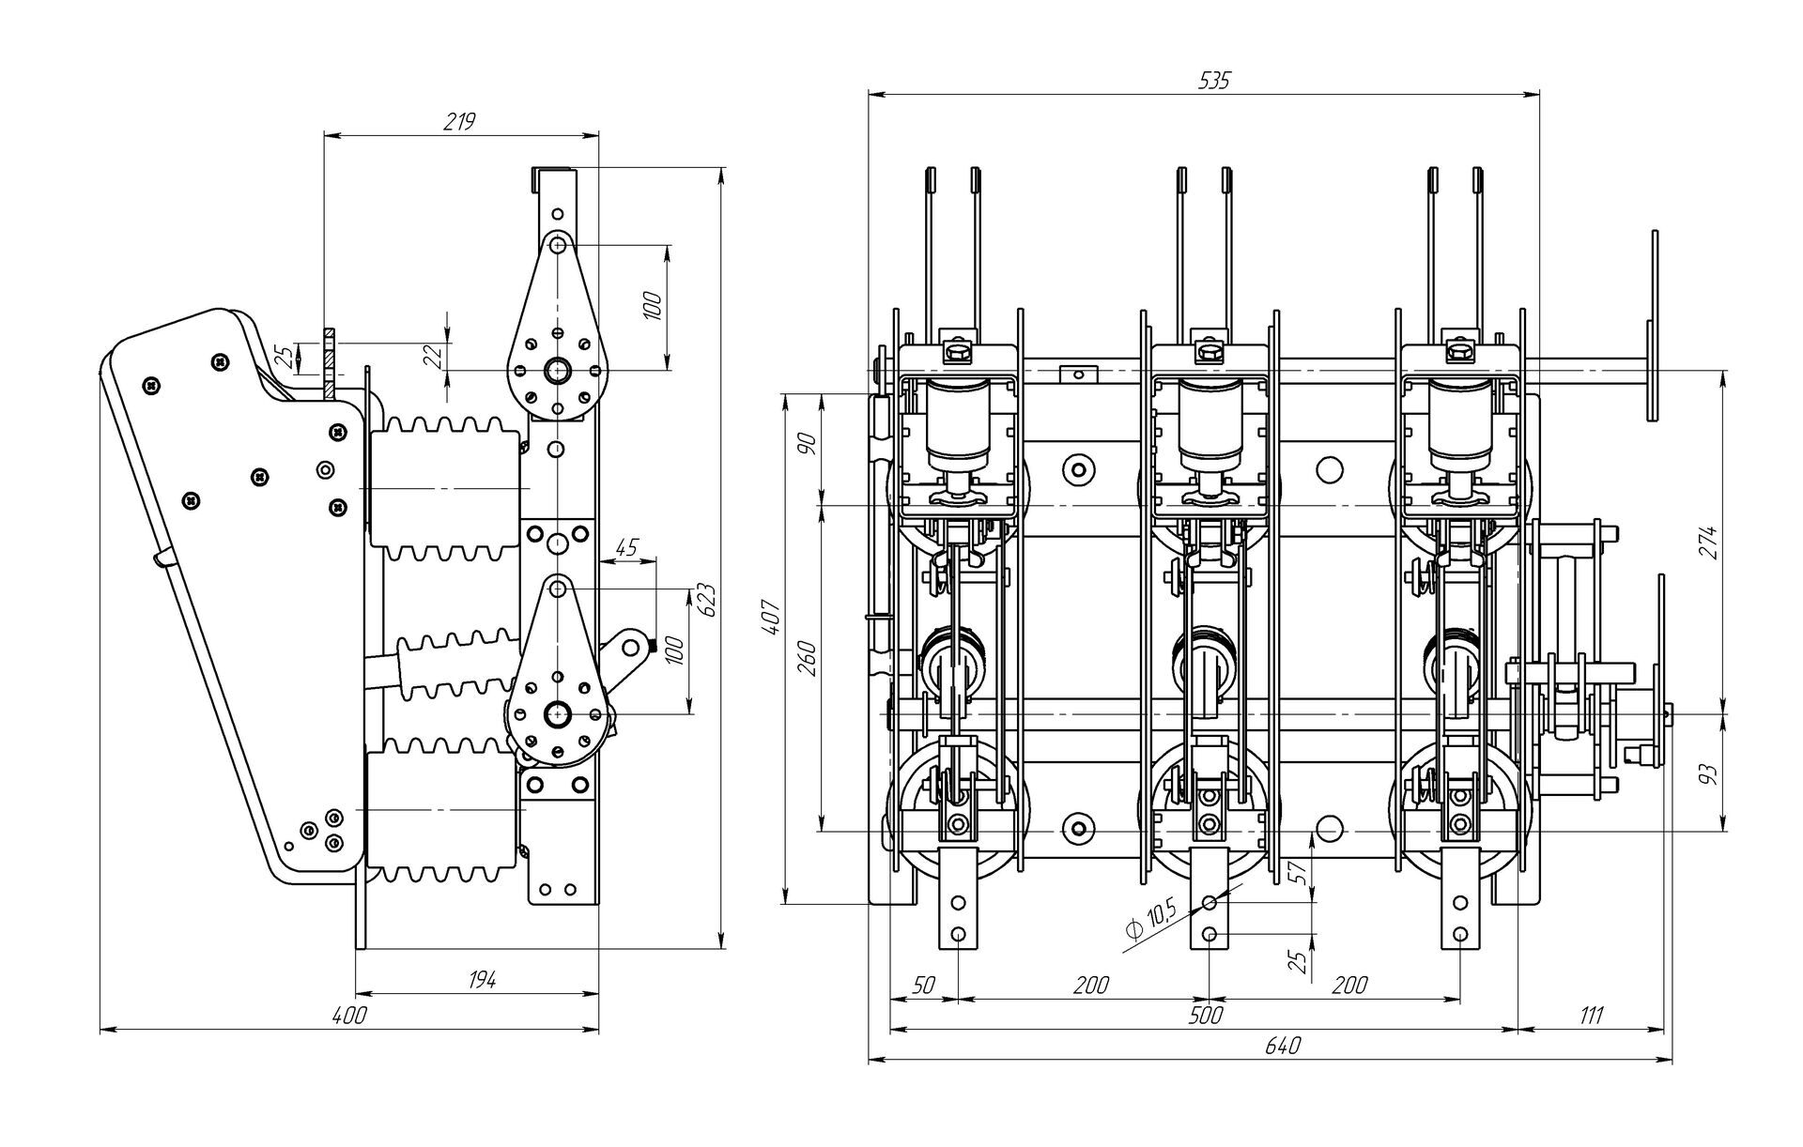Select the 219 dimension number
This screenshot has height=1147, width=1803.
[460, 123]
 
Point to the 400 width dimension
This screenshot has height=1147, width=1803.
[348, 1016]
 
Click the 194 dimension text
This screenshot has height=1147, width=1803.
[481, 980]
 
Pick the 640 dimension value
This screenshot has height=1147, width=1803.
[1282, 1047]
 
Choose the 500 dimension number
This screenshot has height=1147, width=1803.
[1205, 1016]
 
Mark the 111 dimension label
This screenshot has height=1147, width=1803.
[1591, 1016]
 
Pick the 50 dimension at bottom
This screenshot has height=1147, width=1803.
[923, 986]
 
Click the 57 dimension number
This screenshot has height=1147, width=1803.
[1299, 873]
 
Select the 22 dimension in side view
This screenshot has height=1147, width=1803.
[432, 355]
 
